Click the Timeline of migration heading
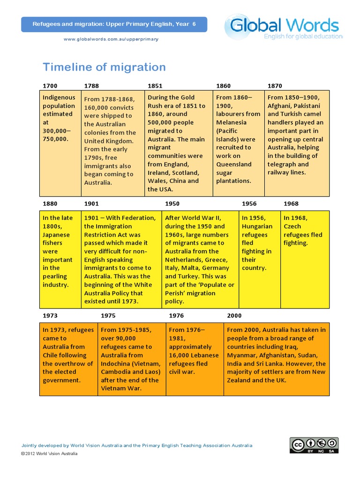click(x=104, y=67)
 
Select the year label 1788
click(x=91, y=86)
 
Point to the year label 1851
click(x=155, y=86)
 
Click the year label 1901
click(x=91, y=204)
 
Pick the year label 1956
click(x=249, y=204)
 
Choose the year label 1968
click(x=291, y=204)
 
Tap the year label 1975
click(x=108, y=315)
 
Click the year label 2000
click(x=234, y=315)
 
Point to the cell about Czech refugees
click(x=305, y=259)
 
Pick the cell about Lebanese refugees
click(x=195, y=359)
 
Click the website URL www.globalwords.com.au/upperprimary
click(x=111, y=39)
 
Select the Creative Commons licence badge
click(x=314, y=445)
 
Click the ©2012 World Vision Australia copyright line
click(x=49, y=453)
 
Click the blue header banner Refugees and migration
click(x=114, y=24)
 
